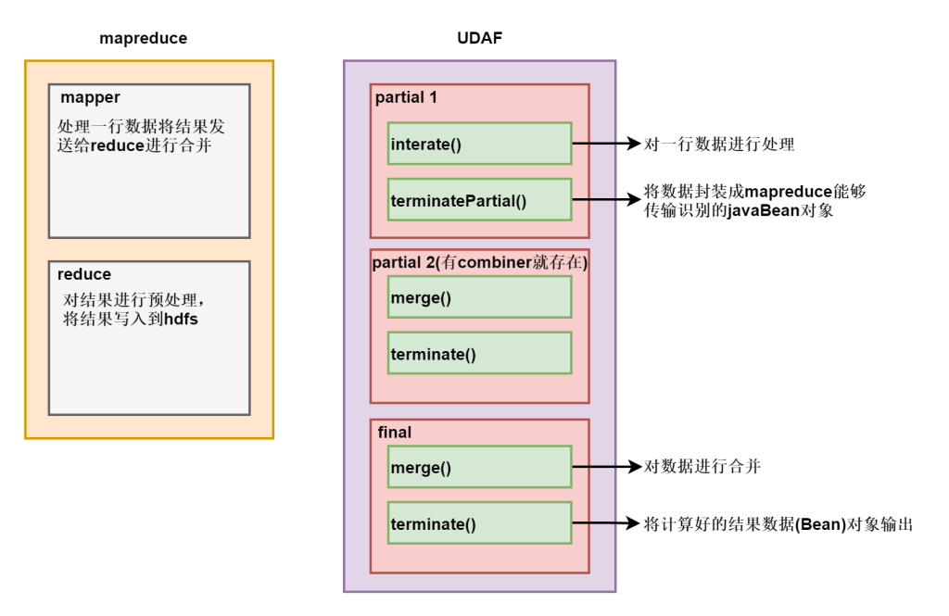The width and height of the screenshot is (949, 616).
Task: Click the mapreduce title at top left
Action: (143, 39)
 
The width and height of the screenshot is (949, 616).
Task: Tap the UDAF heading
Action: (479, 39)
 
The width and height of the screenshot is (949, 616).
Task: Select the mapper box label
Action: (90, 97)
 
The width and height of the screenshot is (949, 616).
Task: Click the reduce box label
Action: (83, 274)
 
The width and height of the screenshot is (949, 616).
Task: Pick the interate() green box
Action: (479, 144)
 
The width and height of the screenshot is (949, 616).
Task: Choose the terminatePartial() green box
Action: (479, 200)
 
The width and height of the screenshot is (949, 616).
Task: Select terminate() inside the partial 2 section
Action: (479, 353)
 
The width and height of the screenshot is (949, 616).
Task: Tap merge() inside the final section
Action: (479, 467)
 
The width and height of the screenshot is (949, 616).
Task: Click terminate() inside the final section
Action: (479, 524)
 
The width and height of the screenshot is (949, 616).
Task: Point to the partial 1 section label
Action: (406, 97)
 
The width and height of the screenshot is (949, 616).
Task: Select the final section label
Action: (395, 432)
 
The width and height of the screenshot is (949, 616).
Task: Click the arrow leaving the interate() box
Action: (607, 144)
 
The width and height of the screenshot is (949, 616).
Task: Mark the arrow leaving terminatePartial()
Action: (607, 200)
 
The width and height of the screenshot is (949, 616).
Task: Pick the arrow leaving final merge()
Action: (607, 467)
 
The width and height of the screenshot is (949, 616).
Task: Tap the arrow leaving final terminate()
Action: (607, 524)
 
